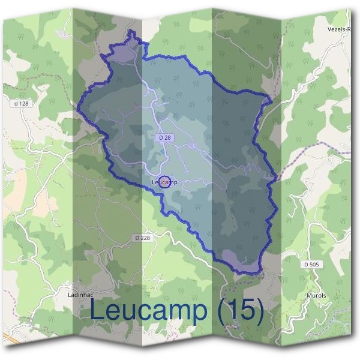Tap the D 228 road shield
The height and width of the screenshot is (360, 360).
(142, 238)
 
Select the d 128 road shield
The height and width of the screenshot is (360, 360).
(21, 103)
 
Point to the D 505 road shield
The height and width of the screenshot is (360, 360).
(311, 265)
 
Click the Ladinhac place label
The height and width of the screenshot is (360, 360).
(80, 295)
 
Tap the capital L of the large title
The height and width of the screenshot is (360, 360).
(98, 310)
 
